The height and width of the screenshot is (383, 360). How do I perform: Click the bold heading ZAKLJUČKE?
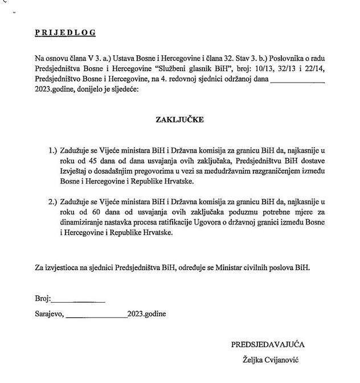coord(181,120)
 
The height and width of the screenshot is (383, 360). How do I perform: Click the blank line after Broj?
coord(79,298)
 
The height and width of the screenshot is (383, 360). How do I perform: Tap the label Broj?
coord(43,298)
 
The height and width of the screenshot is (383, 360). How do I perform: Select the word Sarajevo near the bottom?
coord(49,313)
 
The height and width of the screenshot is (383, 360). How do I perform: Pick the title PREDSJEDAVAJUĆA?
coord(268,344)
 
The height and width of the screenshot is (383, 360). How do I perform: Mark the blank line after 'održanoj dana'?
coord(297,79)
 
